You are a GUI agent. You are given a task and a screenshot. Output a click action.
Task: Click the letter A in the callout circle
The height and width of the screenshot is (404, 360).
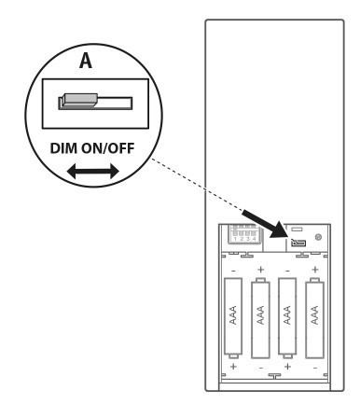(83, 63)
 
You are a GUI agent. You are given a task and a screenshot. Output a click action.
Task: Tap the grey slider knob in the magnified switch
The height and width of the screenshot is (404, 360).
(74, 100)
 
